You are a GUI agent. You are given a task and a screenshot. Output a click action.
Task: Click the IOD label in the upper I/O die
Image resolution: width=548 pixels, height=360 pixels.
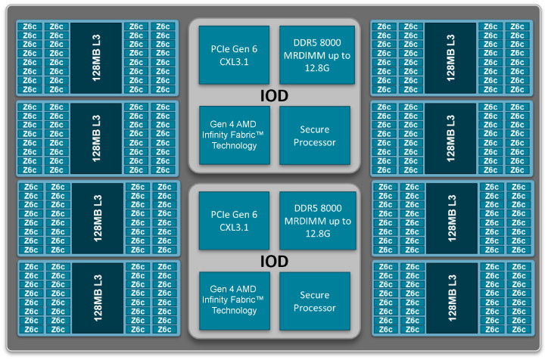(x=274, y=96)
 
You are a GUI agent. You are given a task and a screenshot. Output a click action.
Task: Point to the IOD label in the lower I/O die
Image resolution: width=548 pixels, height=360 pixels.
(x=274, y=261)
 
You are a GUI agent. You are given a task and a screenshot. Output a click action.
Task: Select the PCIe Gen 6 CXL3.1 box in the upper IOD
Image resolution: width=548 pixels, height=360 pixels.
(x=234, y=54)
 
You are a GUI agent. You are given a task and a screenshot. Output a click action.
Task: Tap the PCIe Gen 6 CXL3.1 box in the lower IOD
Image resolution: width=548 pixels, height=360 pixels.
(x=234, y=220)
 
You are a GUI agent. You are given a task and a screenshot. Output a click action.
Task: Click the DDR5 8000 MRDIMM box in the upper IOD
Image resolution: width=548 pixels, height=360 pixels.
(x=317, y=54)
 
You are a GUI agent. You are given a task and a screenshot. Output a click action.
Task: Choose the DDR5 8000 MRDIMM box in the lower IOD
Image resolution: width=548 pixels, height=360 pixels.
(x=318, y=220)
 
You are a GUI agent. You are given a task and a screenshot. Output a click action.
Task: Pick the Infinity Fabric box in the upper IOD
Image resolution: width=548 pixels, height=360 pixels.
(x=235, y=135)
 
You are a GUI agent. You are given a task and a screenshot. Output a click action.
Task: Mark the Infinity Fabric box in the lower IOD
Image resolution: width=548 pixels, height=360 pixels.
(x=235, y=301)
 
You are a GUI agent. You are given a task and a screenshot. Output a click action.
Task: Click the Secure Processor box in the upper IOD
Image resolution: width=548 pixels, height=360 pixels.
(x=315, y=135)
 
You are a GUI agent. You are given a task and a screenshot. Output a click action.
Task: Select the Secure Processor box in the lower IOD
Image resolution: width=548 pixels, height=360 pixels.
(x=315, y=301)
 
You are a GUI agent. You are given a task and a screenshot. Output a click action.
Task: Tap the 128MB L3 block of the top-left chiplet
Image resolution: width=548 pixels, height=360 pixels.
(x=96, y=58)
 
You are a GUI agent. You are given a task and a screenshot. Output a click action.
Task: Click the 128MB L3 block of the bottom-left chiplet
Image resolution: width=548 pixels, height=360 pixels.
(x=98, y=298)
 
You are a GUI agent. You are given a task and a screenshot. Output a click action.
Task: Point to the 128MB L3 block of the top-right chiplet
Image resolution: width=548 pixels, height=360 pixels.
(x=450, y=58)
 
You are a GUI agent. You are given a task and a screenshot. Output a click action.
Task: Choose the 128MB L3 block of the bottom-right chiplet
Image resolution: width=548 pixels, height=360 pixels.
(x=452, y=298)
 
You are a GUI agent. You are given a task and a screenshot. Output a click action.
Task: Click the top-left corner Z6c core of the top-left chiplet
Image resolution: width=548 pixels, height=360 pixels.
(x=30, y=26)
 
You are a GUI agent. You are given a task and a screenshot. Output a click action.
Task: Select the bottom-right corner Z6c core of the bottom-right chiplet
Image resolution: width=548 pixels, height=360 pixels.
(x=519, y=329)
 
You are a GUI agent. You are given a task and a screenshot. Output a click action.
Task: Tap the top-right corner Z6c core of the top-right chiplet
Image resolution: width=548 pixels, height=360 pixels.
(x=517, y=26)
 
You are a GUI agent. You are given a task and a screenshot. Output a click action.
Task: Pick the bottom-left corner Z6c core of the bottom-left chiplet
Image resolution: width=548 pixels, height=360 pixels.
(x=32, y=329)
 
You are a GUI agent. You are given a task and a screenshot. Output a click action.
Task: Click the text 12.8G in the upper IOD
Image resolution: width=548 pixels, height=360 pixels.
(x=317, y=68)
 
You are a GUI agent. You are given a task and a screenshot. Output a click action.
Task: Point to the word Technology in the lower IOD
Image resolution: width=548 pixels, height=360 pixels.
(x=234, y=310)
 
